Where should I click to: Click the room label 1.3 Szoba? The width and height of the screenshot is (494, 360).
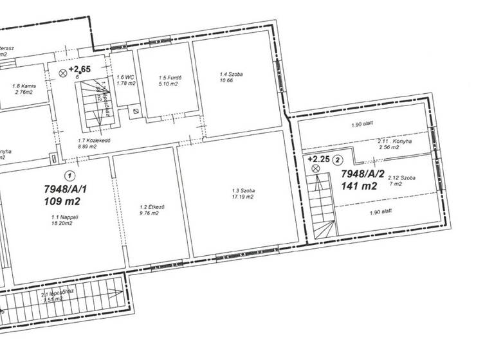pyautogui.click(x=244, y=191)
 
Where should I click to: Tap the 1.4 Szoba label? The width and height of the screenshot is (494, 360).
pyautogui.click(x=231, y=75)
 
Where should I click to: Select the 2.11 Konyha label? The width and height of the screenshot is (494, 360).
pyautogui.click(x=394, y=141)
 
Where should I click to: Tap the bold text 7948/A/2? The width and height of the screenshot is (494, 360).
pyautogui.click(x=362, y=174)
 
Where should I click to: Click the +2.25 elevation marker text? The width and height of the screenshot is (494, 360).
pyautogui.click(x=319, y=158)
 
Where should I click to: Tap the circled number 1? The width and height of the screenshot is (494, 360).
pyautogui.click(x=69, y=175)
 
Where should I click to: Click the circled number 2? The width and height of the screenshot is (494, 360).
pyautogui.click(x=339, y=159)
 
